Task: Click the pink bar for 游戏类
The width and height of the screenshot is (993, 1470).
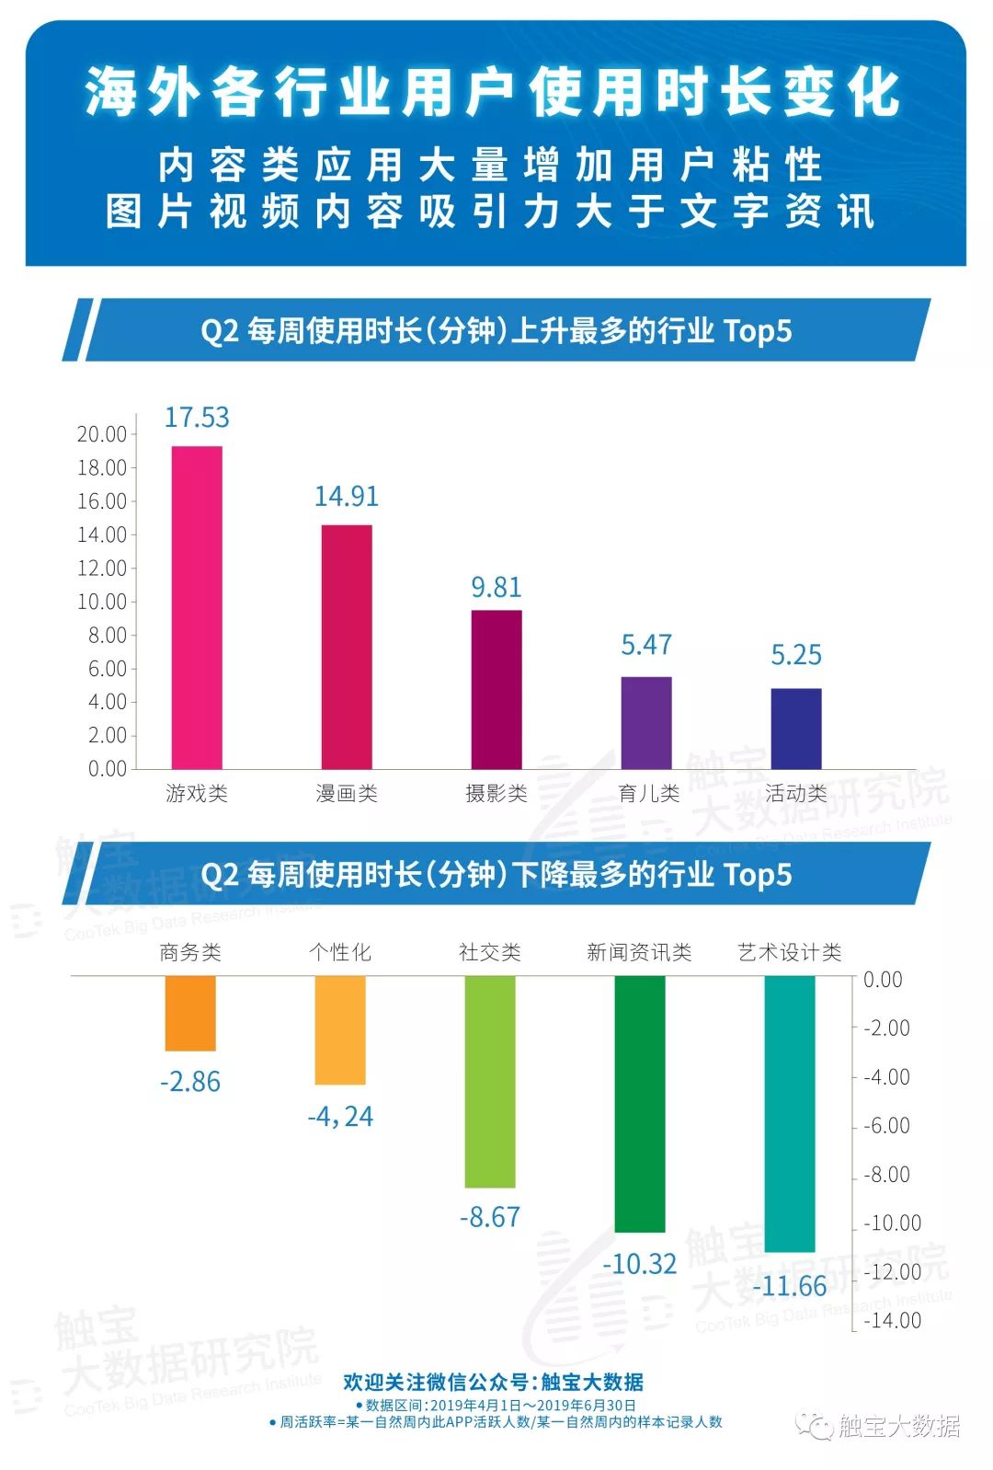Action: coord(197,607)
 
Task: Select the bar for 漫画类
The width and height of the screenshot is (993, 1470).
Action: coord(347,647)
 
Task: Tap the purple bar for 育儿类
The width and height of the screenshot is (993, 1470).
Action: coord(646,722)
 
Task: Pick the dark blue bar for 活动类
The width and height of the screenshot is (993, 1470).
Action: coord(796,728)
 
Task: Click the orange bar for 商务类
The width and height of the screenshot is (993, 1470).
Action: coord(190,1013)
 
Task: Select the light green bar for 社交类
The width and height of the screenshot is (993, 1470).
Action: coord(490,1081)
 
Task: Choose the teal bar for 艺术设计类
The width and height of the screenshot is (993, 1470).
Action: coord(790,1113)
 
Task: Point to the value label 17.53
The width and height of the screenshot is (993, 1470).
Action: coord(197,418)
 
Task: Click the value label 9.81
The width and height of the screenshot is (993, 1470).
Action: coord(496,587)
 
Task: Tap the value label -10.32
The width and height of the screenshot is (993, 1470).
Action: coord(640,1264)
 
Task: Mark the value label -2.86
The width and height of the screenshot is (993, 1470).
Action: coord(190,1082)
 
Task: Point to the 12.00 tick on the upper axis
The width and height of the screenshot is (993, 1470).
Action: coord(102,568)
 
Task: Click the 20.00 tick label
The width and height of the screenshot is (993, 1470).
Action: coord(102,434)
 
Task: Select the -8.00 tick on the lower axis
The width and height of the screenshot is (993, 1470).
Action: coord(886,1175)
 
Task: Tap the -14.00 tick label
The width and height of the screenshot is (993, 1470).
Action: coord(892,1321)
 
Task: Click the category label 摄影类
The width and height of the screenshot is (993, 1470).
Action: coord(496,794)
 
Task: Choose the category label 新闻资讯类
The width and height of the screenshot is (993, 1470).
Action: coord(639,952)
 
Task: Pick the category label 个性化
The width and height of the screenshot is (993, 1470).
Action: coord(340,952)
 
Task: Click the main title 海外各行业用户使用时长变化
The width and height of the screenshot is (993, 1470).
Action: coord(495,94)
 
